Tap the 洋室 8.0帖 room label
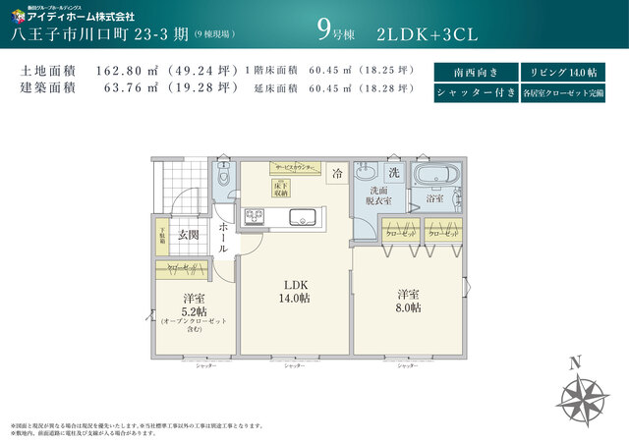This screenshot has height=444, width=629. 409,301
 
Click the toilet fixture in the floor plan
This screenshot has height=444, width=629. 223,178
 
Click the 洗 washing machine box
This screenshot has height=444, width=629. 393,172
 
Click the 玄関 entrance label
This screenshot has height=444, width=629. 188,235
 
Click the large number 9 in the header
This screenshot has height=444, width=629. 323,29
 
